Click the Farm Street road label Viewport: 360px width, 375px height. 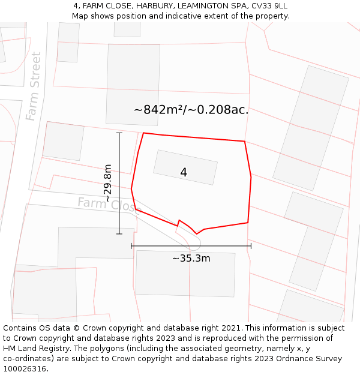(x=34, y=86)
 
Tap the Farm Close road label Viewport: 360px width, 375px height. (x=108, y=205)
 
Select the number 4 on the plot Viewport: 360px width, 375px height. (x=184, y=172)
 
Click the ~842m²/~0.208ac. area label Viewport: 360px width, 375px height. (x=191, y=110)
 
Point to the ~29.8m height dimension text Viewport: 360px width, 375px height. (x=107, y=183)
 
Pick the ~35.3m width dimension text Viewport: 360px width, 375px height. (x=191, y=259)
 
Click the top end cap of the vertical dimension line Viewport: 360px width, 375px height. (x=119, y=133)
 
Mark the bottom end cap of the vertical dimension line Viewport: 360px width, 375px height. (x=119, y=234)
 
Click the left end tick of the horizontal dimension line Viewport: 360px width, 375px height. (x=131, y=245)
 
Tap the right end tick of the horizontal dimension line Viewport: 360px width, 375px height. (x=251, y=245)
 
